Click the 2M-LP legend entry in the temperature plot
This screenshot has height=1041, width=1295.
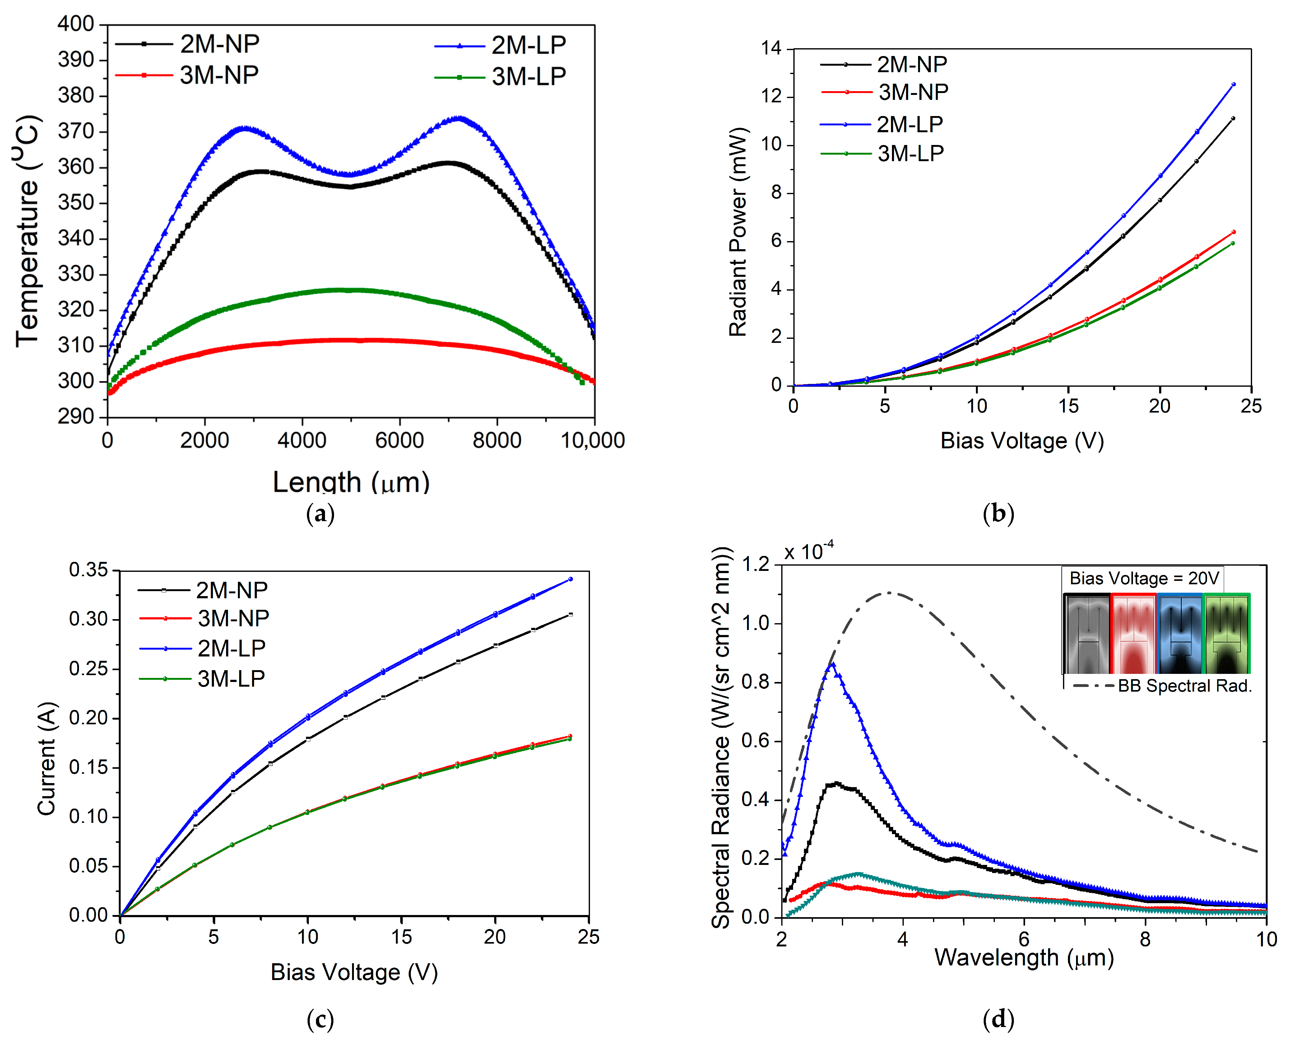pyautogui.click(x=527, y=45)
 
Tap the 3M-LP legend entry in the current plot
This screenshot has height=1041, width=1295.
pyautogui.click(x=231, y=679)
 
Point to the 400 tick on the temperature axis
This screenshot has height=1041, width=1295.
pyautogui.click(x=76, y=24)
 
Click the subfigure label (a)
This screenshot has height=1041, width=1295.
pyautogui.click(x=320, y=514)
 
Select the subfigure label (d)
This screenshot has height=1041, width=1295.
pyautogui.click(x=998, y=1019)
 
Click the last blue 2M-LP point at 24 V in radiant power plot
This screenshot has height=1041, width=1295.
pyautogui.click(x=1233, y=84)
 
